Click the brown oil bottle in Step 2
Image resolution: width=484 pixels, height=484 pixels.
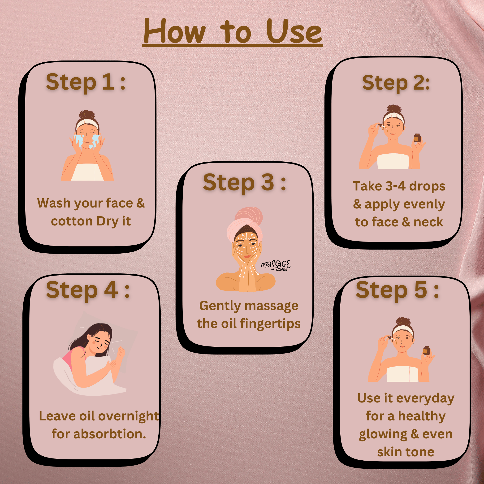417,138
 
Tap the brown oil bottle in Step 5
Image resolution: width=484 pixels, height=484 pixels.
427,350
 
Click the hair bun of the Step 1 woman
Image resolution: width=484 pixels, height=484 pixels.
87,114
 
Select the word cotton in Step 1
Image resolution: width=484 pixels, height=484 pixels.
72,221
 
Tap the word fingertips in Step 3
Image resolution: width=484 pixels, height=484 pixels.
270,324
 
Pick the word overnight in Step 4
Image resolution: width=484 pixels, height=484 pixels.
129,416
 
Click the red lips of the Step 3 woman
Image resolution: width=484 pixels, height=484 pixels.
247,256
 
